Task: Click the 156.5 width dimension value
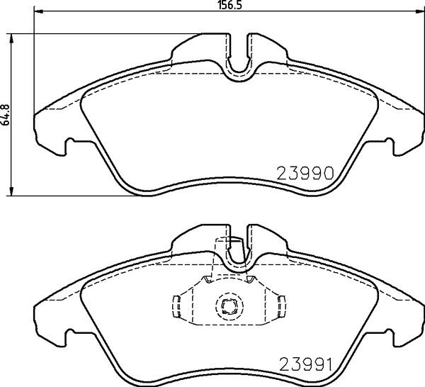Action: coord(229,5)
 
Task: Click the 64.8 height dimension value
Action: coord(6,115)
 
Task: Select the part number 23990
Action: coord(305,174)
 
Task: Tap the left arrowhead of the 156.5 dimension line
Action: coord(38,11)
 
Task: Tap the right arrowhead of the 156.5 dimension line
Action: coord(420,11)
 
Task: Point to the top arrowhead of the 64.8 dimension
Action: coord(11,38)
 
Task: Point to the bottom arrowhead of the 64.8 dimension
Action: coord(11,191)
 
